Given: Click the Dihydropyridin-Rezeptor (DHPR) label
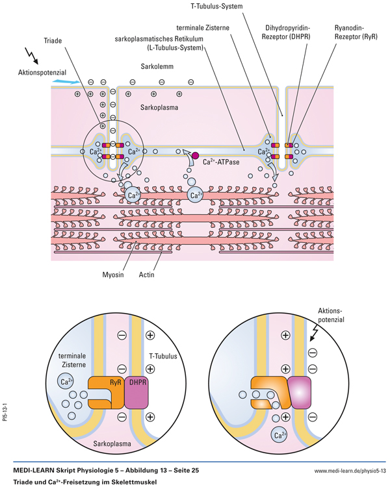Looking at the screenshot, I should pyautogui.click(x=289, y=34).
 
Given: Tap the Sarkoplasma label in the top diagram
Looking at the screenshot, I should pyautogui.click(x=160, y=105).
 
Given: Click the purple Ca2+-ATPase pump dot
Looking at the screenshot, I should pyautogui.click(x=195, y=155).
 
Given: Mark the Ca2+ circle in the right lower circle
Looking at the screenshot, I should pyautogui.click(x=281, y=435).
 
